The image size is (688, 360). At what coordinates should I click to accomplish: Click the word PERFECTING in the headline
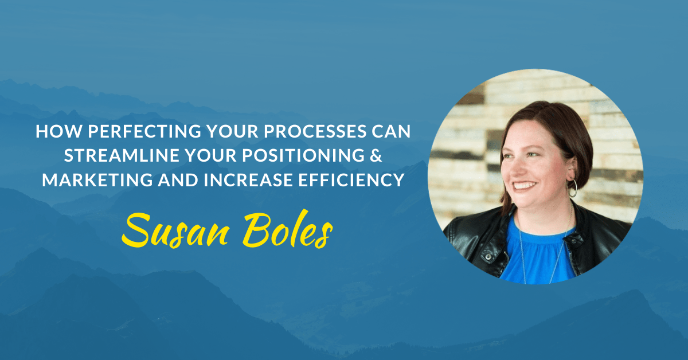[x=144, y=131]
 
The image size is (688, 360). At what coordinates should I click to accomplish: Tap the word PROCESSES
[x=315, y=131]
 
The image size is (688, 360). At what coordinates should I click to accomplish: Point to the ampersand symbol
[x=376, y=155]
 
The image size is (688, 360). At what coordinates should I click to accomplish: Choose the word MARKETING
[x=97, y=180]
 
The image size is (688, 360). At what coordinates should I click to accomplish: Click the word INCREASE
[x=248, y=180]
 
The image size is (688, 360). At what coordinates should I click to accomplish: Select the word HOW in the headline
[x=59, y=131]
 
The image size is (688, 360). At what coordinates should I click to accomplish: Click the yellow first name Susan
[x=175, y=231]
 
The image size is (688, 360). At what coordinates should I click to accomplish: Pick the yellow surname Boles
[x=287, y=229]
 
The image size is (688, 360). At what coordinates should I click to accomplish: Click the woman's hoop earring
[x=573, y=188]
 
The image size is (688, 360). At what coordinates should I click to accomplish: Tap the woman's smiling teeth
[x=525, y=185]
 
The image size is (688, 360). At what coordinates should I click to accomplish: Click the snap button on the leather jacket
[x=488, y=256]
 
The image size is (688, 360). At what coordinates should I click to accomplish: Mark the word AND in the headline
[x=178, y=180]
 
